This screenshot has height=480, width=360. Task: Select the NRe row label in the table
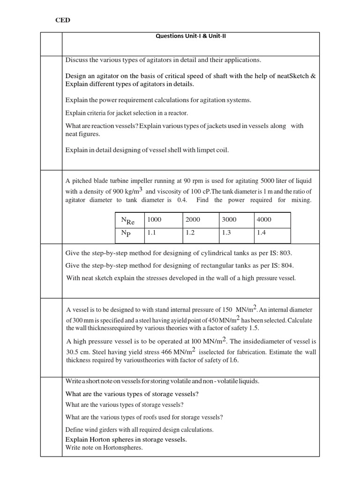point(127,220)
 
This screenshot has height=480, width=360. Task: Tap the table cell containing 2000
point(192,219)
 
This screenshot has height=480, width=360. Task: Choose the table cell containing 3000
point(229,219)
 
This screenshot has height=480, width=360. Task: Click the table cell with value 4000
point(264,219)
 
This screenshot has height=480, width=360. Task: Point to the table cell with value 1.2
point(190,232)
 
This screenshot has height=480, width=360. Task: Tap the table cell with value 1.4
point(262,232)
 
